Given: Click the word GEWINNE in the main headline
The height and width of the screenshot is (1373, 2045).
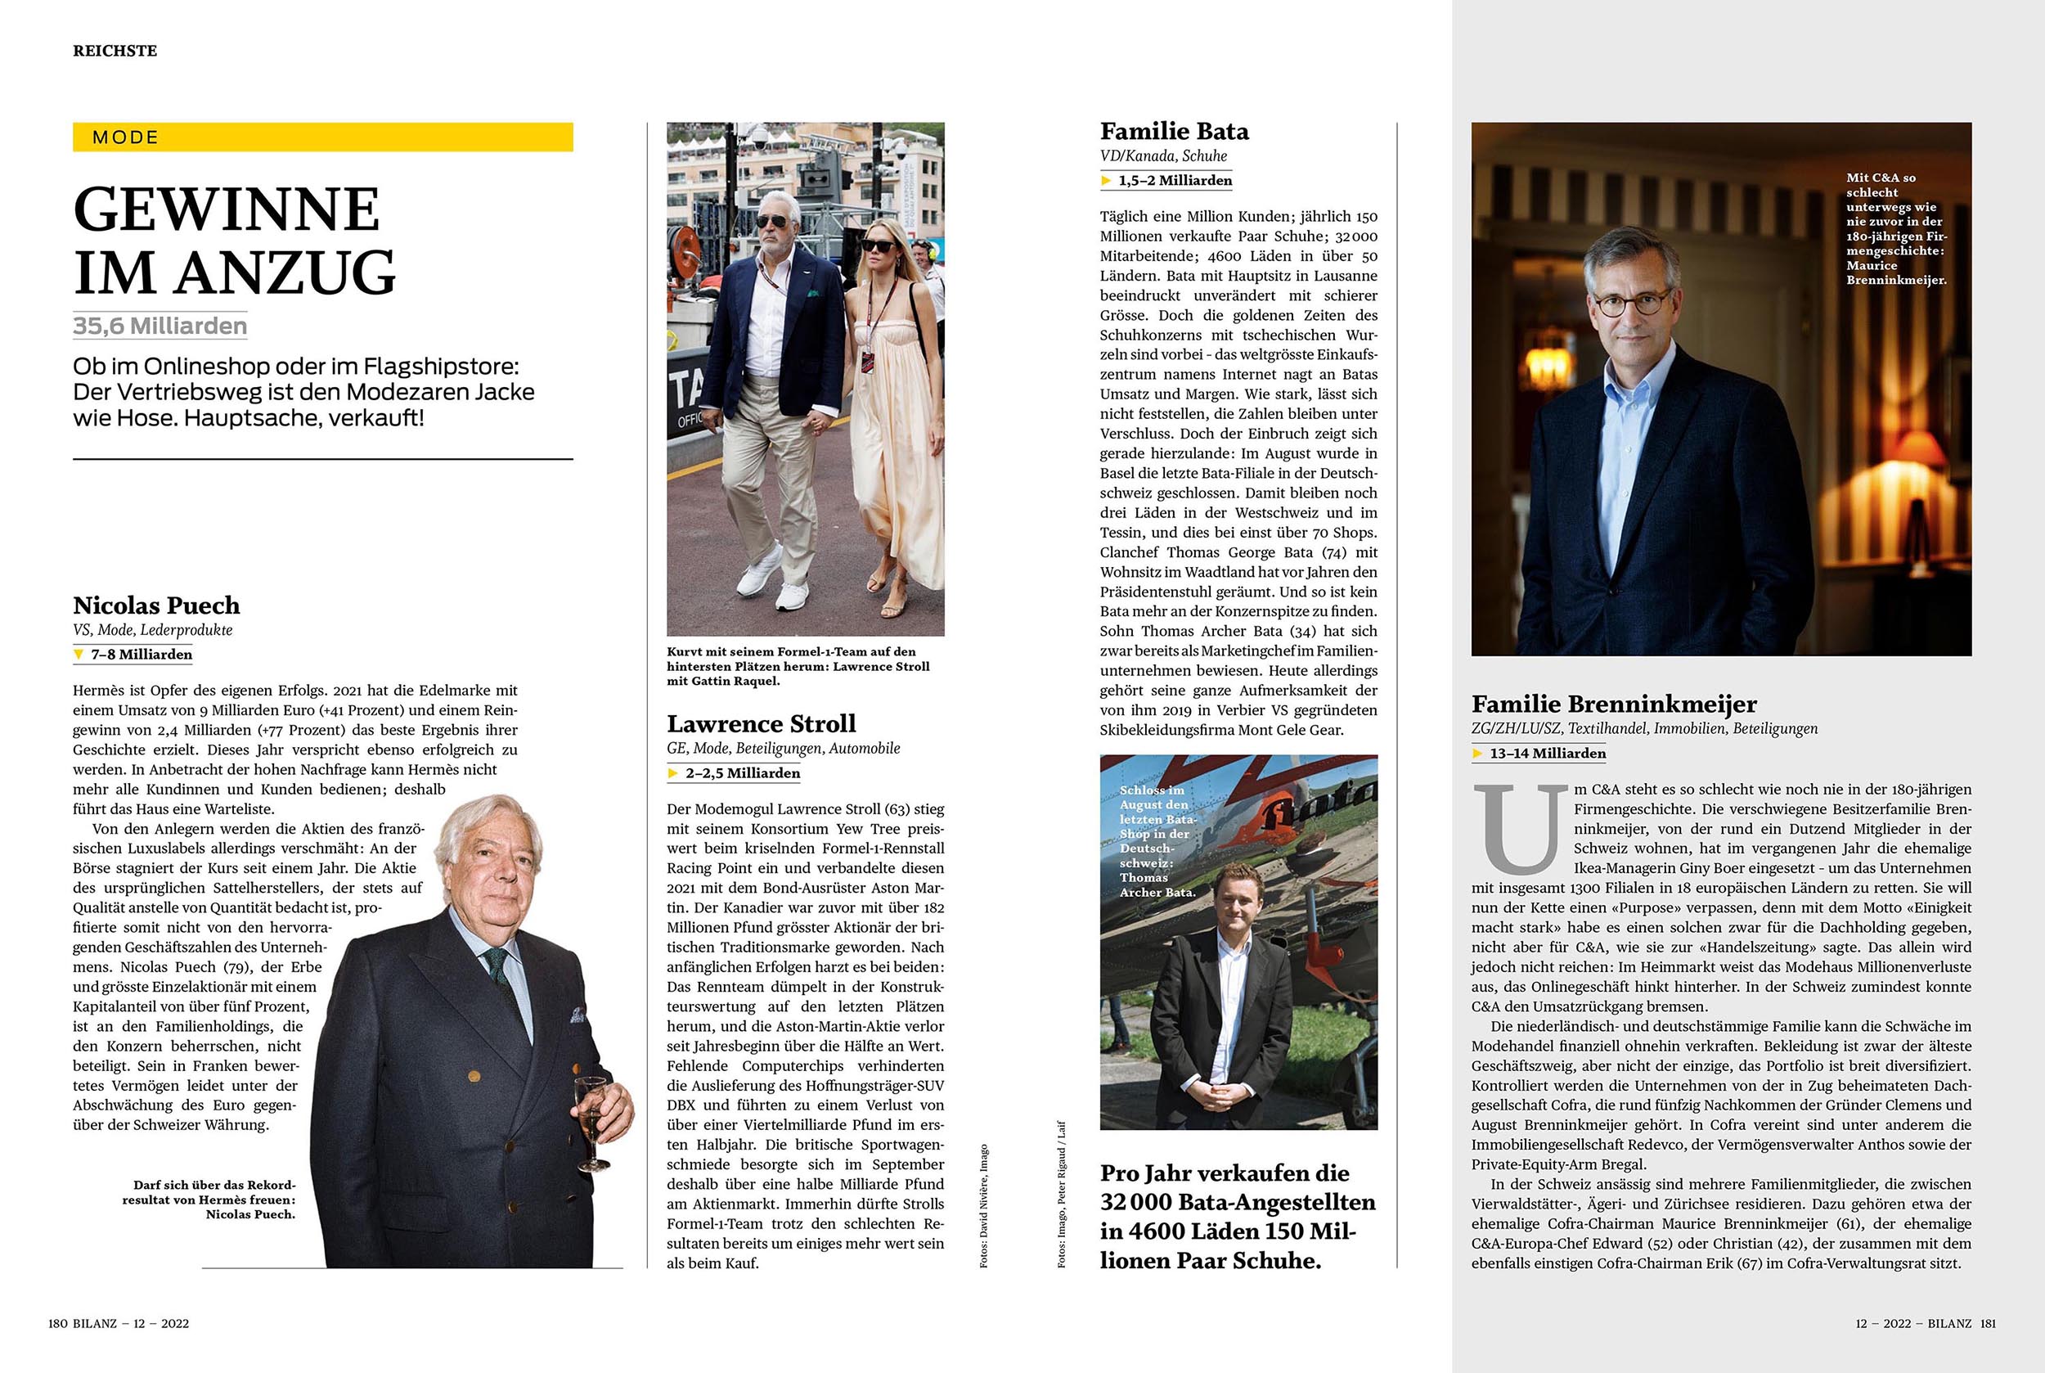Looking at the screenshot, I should [227, 210].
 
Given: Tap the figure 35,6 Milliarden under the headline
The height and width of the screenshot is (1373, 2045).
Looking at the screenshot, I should [160, 326].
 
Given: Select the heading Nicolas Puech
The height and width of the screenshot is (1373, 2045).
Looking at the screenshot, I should [155, 605].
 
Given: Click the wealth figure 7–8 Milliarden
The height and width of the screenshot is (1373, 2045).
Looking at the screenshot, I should [141, 654].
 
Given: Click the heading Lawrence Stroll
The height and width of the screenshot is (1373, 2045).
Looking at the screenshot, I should [761, 723].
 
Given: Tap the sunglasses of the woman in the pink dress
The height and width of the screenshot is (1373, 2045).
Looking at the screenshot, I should [878, 245].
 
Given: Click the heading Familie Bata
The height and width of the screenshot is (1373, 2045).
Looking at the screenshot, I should [1174, 132].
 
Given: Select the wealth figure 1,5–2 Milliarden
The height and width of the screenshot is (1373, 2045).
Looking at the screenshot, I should [1175, 180].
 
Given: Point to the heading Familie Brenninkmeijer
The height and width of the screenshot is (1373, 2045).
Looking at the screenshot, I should [1613, 704].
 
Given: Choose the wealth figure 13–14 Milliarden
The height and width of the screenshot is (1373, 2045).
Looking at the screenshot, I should [1548, 753].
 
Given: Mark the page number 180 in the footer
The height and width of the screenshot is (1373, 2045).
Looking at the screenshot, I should [58, 1323].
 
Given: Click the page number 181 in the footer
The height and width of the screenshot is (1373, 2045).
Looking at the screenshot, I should [1988, 1323].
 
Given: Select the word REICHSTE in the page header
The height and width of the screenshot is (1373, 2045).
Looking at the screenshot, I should [115, 51].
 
